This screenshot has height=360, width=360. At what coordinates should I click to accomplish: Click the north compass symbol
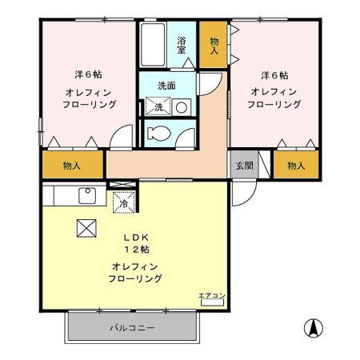pos(314,328)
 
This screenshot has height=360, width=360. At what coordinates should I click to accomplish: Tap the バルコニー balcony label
pos(132,328)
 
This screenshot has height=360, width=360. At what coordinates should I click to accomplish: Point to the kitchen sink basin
pos(86,196)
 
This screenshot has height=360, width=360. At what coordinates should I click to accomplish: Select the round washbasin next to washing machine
pos(181,106)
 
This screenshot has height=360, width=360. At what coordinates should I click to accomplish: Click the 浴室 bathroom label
pos(182,45)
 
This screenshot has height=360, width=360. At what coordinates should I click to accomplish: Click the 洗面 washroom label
pos(166,86)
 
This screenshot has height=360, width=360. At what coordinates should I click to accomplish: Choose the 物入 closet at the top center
pos(214,45)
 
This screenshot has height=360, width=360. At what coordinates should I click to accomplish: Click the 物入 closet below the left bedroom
pos(72,166)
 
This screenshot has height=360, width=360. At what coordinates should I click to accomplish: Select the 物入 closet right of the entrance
pos(295,166)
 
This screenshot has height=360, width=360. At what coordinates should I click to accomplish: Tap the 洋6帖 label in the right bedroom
pos(273,75)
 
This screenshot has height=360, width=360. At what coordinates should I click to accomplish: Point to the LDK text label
pos(134,238)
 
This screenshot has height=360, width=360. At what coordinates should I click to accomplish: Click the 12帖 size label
pos(134,250)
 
